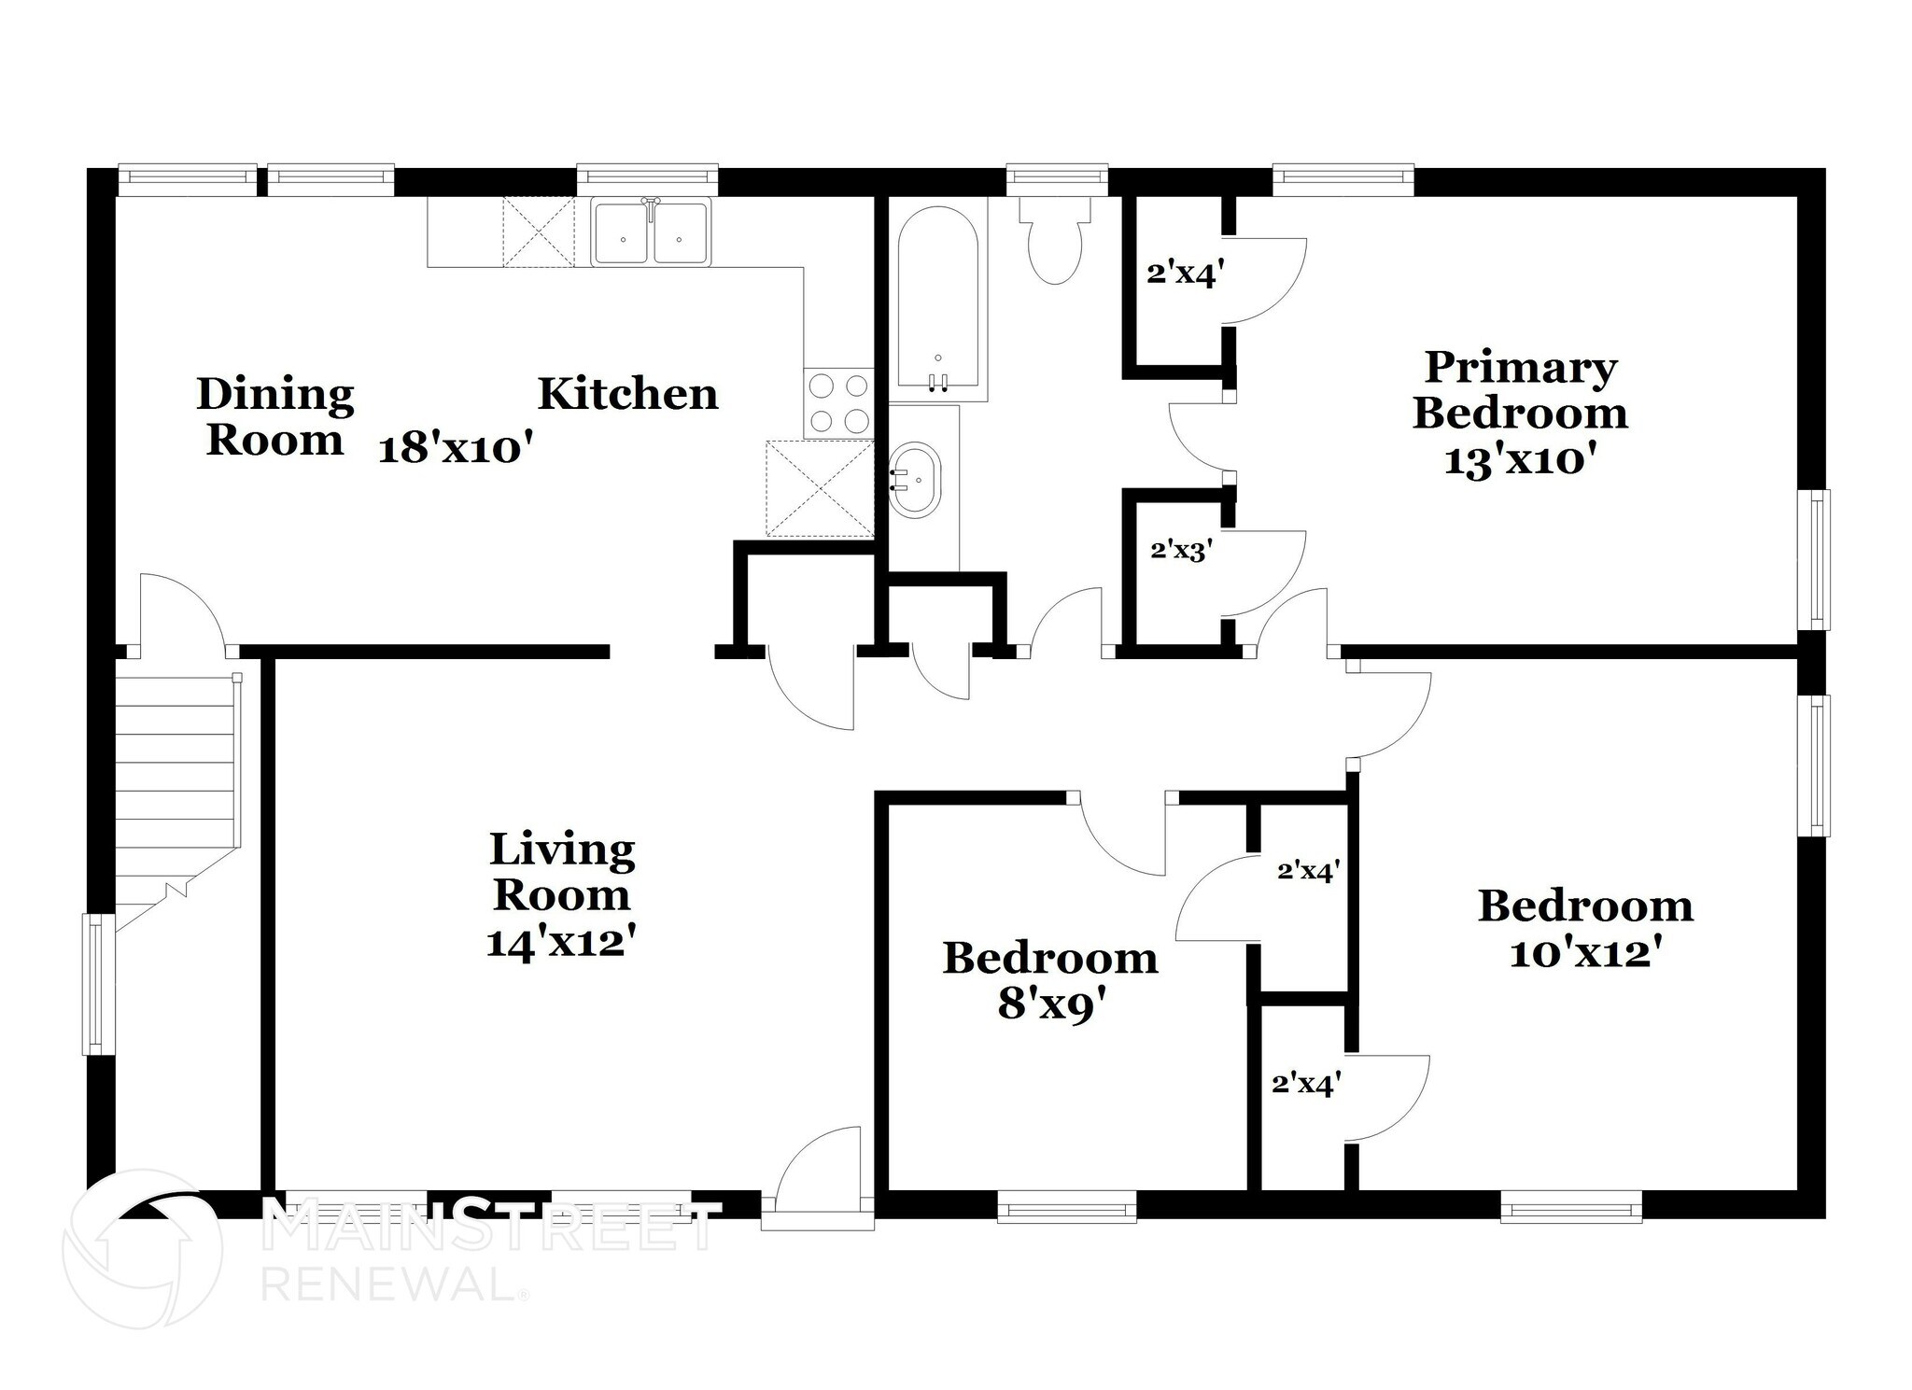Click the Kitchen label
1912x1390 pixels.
click(x=627, y=394)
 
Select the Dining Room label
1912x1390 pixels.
click(x=275, y=416)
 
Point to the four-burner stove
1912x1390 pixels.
click(x=837, y=403)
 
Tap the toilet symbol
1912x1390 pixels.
click(x=1055, y=243)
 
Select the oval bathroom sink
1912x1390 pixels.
click(x=915, y=480)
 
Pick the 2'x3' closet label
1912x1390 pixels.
click(x=1181, y=550)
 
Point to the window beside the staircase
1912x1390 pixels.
click(x=99, y=984)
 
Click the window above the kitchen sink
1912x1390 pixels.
click(x=647, y=178)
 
